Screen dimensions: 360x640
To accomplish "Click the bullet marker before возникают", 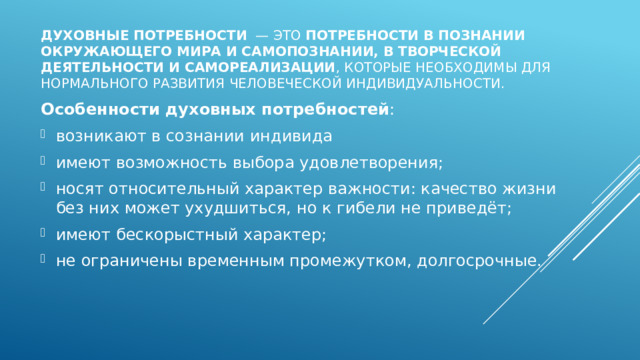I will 46,135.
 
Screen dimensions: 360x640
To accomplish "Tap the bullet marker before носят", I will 46,189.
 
